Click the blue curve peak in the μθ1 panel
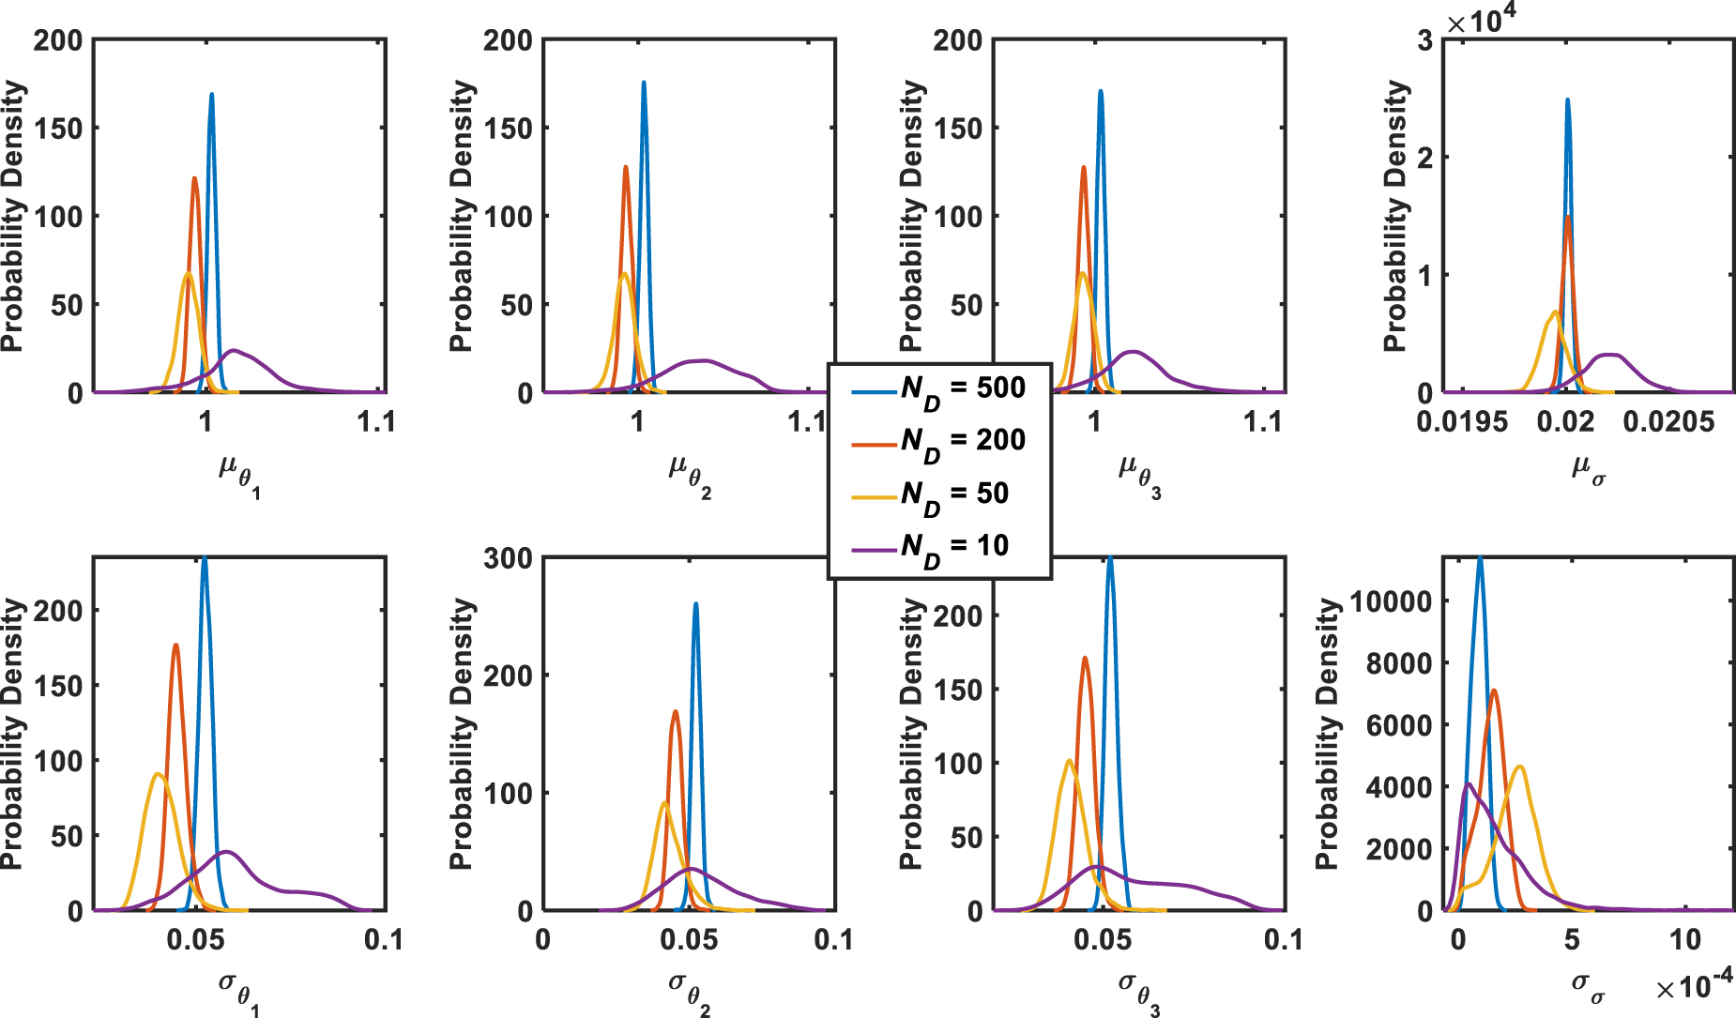point(212,94)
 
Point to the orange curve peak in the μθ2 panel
point(626,167)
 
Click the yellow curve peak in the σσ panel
point(1520,767)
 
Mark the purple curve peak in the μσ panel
point(1610,355)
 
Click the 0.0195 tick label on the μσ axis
point(1462,422)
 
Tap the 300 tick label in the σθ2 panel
point(508,558)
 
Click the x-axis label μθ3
point(1139,473)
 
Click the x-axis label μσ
point(1588,468)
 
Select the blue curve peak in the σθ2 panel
point(695,603)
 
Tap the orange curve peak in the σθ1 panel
point(175,645)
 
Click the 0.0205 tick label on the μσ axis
point(1668,422)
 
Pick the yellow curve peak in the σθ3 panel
point(1069,760)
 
